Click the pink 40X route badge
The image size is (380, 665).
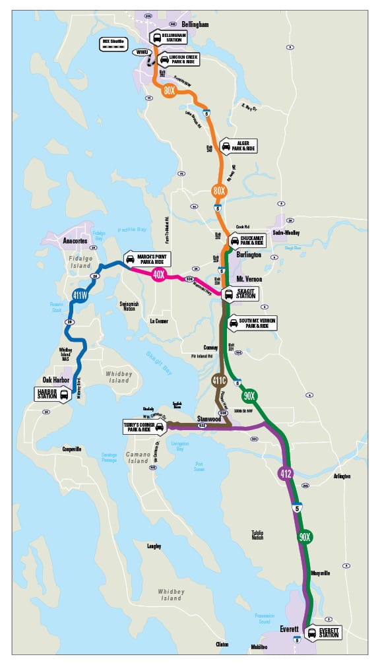pyautogui.click(x=158, y=275)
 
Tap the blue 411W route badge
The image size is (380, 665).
pyautogui.click(x=80, y=295)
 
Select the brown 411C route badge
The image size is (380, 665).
pyautogui.click(x=220, y=380)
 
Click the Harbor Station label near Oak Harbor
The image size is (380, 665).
pyautogui.click(x=53, y=394)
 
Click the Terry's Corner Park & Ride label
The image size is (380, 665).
pyautogui.click(x=142, y=426)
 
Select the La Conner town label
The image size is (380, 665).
pyautogui.click(x=159, y=321)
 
